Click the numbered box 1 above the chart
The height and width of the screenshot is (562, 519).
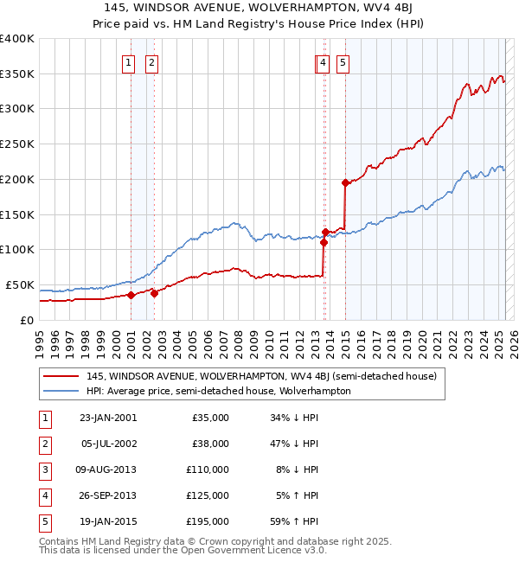(128, 61)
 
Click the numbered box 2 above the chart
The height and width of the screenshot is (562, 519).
(151, 61)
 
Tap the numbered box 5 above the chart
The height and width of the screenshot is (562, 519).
(343, 61)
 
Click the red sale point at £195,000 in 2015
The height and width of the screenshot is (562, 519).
(345, 182)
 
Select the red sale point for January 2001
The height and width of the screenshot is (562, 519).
(131, 295)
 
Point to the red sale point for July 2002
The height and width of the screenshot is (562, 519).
(154, 293)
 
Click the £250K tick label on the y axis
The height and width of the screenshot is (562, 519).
(17, 144)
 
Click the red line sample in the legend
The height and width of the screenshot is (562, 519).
(61, 376)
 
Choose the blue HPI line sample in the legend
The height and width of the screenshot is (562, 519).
(61, 391)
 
